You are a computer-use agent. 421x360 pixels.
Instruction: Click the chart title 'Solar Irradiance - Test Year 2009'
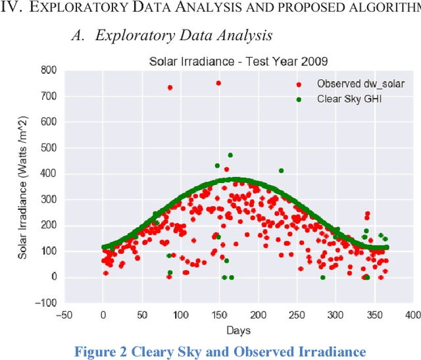tap(238, 62)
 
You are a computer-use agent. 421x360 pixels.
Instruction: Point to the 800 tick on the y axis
tap(49, 70)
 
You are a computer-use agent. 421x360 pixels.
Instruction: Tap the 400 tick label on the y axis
tap(49, 174)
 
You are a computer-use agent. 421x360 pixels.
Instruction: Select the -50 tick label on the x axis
tap(64, 314)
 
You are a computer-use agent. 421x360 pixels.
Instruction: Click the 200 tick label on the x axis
tap(258, 314)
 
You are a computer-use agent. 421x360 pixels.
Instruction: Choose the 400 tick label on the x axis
tap(412, 314)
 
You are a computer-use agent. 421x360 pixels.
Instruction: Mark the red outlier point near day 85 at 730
tap(170, 88)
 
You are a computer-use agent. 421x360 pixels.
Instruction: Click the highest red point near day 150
tap(218, 83)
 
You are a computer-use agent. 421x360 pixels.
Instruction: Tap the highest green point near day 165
tap(230, 155)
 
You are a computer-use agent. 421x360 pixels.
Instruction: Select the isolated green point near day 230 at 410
tap(281, 170)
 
